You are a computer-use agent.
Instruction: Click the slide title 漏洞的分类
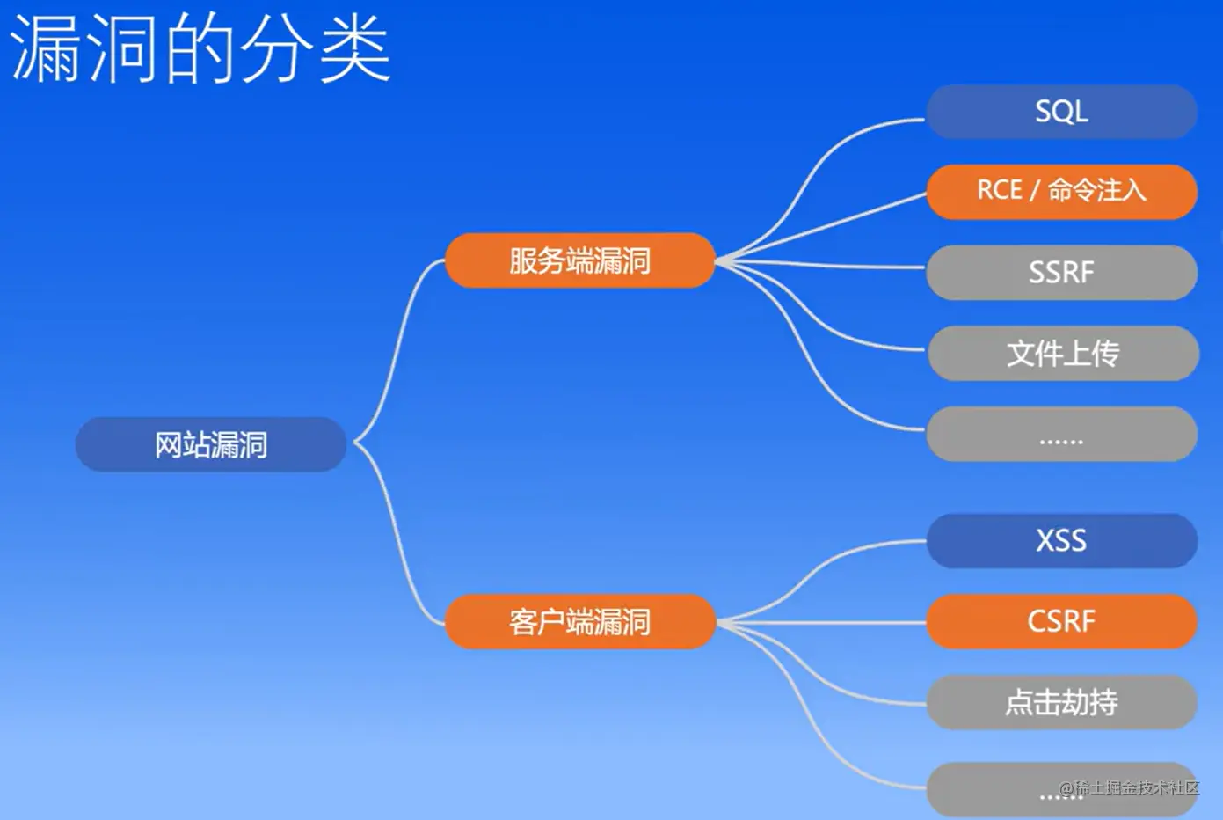pos(200,49)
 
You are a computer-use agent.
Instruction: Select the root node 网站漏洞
pos(211,444)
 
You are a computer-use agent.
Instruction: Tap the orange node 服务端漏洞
pos(579,260)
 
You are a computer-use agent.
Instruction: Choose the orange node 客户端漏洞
pos(579,622)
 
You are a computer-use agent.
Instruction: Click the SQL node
pos(1061,112)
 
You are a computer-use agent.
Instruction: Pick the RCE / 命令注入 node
pos(1061,191)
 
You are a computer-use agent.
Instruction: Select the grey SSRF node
pos(1061,273)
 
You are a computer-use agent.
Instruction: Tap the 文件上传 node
pos(1063,353)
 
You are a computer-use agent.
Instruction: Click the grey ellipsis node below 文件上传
pos(1061,435)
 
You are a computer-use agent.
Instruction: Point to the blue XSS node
pos(1061,540)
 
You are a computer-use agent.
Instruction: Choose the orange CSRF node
pos(1061,621)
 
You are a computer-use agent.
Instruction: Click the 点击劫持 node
pos(1061,702)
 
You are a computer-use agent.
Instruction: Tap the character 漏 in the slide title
pos(45,49)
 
